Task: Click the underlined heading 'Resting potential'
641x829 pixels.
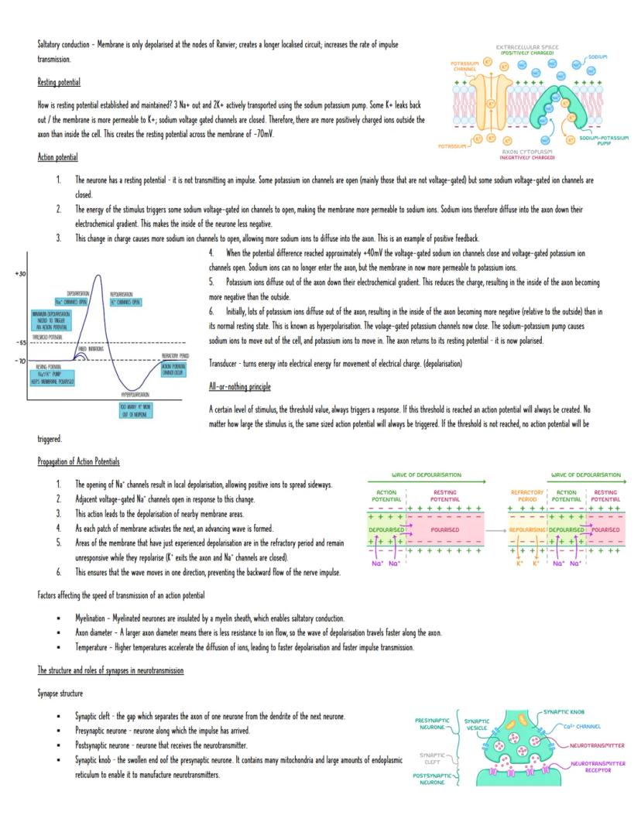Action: (59, 82)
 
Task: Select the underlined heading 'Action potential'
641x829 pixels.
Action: (57, 157)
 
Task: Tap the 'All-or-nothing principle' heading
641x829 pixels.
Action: (239, 385)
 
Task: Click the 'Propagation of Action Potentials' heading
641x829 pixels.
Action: (78, 462)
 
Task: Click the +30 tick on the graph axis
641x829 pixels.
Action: (20, 274)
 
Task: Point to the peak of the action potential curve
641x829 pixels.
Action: (98, 276)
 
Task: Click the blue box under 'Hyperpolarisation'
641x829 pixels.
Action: (139, 410)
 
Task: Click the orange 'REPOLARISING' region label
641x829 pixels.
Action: (527, 529)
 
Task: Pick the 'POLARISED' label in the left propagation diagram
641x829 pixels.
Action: (445, 529)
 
